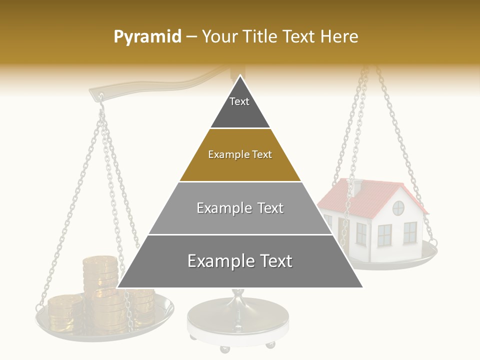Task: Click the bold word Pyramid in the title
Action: [x=147, y=36]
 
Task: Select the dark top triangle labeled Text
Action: [x=240, y=107]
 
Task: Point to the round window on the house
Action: [x=398, y=208]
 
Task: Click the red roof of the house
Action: [x=370, y=197]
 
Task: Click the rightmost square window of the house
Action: [x=410, y=232]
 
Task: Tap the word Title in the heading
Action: [x=260, y=36]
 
